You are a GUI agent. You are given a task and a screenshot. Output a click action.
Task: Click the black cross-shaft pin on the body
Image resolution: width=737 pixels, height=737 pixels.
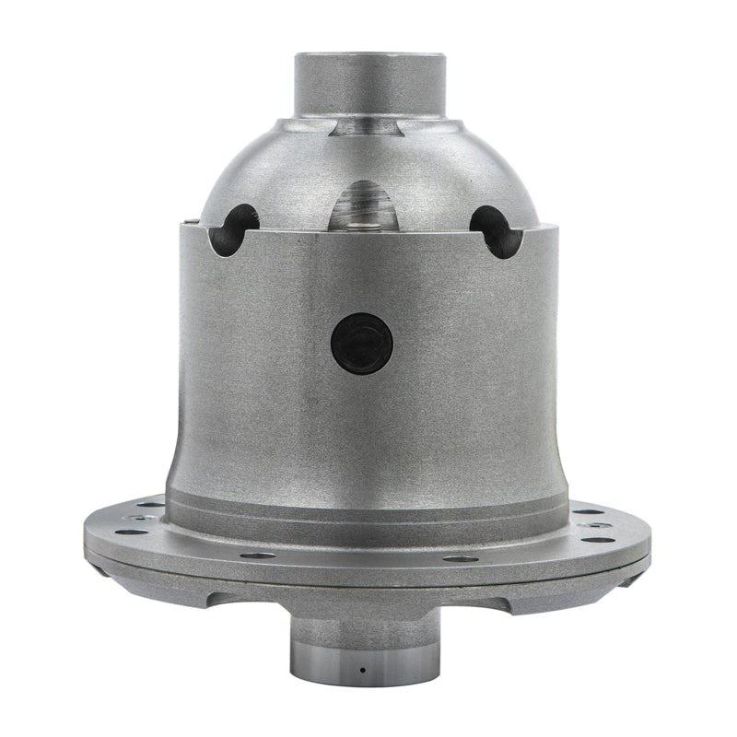pyautogui.click(x=362, y=343)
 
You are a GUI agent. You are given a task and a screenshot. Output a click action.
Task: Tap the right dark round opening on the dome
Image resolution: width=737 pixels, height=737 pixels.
pyautogui.click(x=497, y=230)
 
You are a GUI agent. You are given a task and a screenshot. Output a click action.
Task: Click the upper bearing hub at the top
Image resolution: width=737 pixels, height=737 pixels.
pyautogui.click(x=369, y=83)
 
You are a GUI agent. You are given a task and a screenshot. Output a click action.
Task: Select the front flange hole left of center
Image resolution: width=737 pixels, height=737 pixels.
pyautogui.click(x=257, y=555)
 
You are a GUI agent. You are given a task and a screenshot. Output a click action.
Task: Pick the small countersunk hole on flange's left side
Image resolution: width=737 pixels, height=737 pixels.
pyautogui.click(x=138, y=518)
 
